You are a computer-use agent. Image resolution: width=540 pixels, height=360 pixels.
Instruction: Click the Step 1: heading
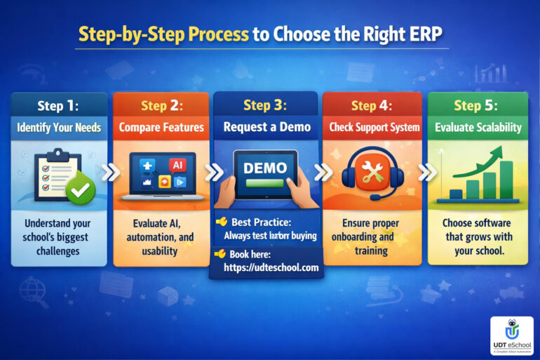click(x=59, y=107)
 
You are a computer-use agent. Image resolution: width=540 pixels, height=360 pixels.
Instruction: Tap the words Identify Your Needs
click(x=59, y=128)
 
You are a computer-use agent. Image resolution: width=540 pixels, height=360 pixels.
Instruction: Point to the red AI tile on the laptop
click(x=177, y=166)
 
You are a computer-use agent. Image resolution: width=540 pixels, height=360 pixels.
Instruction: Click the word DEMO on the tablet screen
click(x=265, y=168)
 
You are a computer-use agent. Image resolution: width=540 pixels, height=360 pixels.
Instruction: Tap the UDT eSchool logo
click(x=511, y=334)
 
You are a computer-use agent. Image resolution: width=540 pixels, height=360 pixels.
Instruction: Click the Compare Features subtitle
click(x=161, y=128)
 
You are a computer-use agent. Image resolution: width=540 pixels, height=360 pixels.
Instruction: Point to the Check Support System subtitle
click(x=372, y=128)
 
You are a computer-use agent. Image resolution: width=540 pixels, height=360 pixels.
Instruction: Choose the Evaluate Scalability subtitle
click(x=477, y=128)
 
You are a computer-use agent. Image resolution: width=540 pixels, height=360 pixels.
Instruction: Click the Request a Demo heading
click(x=266, y=128)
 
